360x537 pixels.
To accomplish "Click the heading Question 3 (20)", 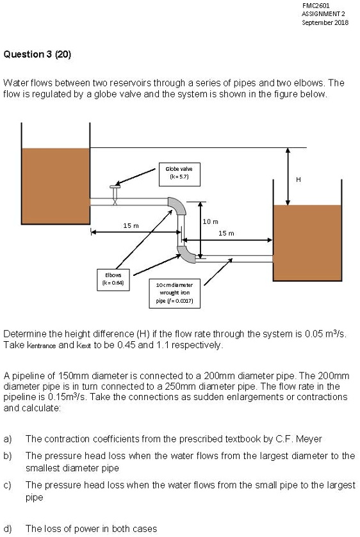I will tap(37, 54).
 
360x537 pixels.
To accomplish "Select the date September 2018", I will tap(325, 22).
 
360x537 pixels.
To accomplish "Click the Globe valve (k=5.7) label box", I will tap(179, 173).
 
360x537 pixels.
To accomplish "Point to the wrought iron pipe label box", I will tap(176, 292).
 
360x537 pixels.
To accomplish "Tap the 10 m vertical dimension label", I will tap(211, 221).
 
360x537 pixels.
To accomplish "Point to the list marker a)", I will tap(8, 438).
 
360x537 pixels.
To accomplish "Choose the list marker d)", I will tap(8, 528).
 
